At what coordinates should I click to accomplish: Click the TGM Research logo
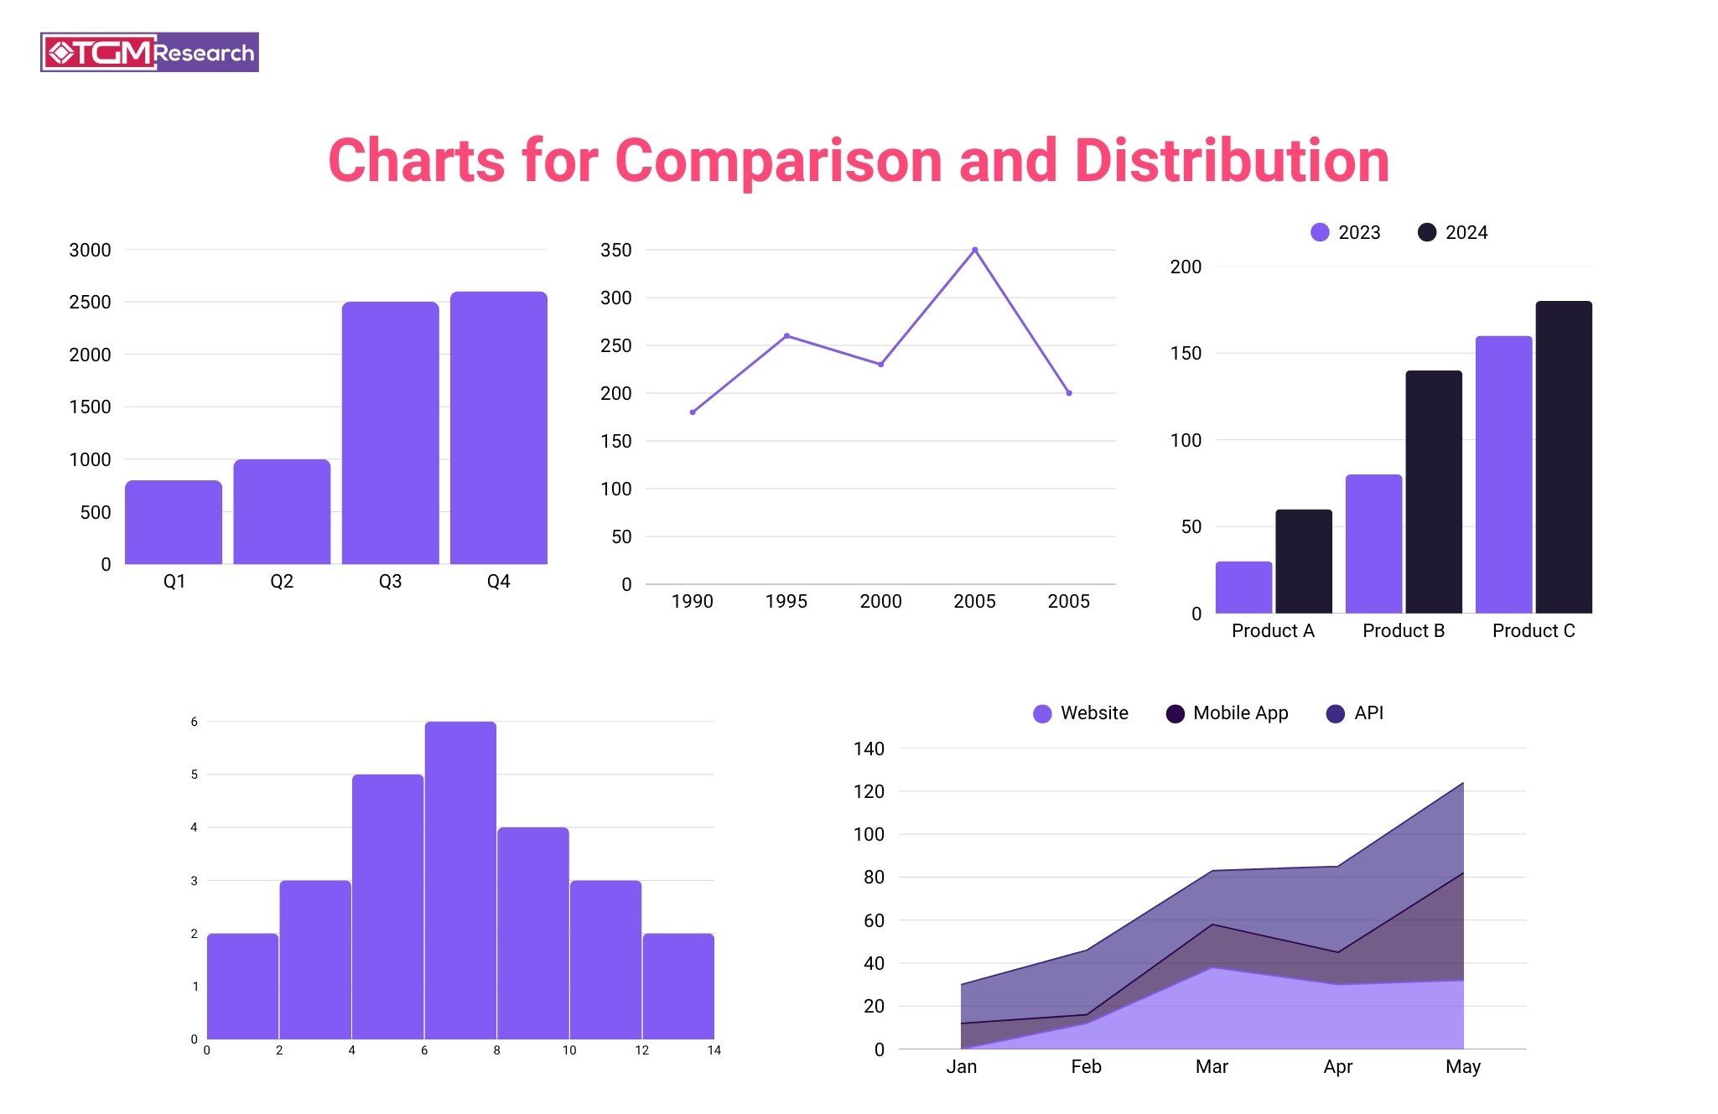[149, 53]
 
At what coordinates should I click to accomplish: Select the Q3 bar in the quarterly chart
[390, 433]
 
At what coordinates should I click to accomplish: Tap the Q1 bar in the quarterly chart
[174, 522]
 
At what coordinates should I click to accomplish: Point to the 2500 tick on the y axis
[90, 302]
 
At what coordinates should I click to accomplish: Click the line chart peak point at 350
[974, 250]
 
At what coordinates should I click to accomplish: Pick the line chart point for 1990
[693, 412]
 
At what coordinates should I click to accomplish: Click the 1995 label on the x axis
[786, 601]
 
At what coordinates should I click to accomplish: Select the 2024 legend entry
[1452, 232]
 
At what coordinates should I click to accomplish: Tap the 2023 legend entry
[1345, 232]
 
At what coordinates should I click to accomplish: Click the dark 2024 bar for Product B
[1434, 492]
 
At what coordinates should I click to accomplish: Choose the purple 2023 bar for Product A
[1243, 588]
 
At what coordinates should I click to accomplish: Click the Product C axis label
[1534, 630]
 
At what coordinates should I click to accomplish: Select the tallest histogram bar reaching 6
[460, 880]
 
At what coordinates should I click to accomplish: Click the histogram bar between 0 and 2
[242, 987]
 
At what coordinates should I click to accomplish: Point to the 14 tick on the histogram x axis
[714, 1050]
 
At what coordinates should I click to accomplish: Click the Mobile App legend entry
[1227, 713]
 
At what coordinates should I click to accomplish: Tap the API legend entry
[1355, 713]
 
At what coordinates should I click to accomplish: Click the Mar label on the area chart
[1212, 1066]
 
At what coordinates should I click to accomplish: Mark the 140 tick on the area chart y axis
[869, 749]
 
